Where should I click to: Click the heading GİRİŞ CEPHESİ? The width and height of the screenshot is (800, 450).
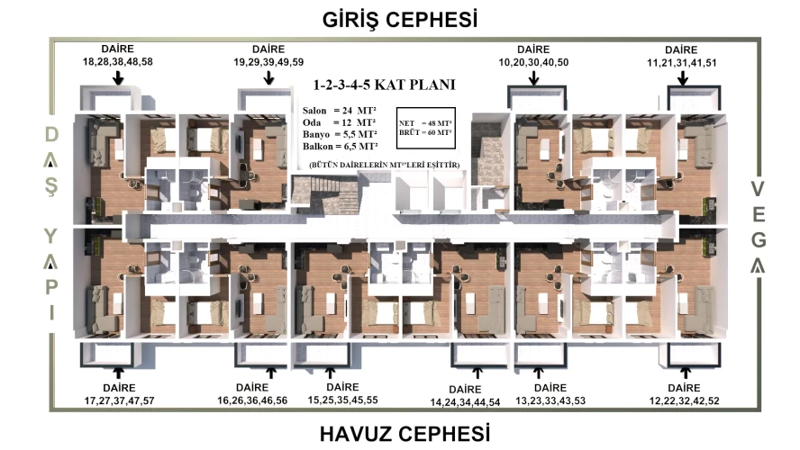click(400, 20)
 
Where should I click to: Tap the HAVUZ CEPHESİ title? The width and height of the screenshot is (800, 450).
click(405, 434)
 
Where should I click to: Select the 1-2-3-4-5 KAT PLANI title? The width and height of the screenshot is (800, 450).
click(384, 85)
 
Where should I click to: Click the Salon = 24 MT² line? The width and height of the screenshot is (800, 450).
click(340, 111)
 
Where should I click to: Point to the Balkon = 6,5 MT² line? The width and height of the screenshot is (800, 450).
click(340, 147)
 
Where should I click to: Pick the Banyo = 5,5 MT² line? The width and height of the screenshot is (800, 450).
click(340, 134)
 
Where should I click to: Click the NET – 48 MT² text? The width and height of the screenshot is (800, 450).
click(425, 123)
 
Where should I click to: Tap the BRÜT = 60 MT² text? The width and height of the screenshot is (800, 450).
click(425, 132)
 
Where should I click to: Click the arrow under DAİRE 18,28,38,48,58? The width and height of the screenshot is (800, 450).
click(118, 78)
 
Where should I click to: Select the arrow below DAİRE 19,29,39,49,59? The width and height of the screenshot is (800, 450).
click(268, 78)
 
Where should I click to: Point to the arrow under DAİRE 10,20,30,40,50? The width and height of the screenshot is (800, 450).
click(533, 78)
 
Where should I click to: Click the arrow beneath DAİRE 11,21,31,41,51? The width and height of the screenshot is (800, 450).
click(682, 78)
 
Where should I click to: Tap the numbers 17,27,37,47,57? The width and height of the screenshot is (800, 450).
click(120, 401)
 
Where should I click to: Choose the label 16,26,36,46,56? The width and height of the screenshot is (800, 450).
click(252, 400)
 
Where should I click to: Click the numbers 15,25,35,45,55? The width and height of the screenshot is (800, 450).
click(343, 400)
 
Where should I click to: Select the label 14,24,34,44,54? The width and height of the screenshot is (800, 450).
click(465, 402)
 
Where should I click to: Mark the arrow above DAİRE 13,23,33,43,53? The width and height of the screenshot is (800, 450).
click(538, 373)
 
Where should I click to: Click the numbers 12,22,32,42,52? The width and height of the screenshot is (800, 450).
click(684, 401)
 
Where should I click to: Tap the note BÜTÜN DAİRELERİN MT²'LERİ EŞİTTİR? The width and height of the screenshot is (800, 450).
click(384, 165)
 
